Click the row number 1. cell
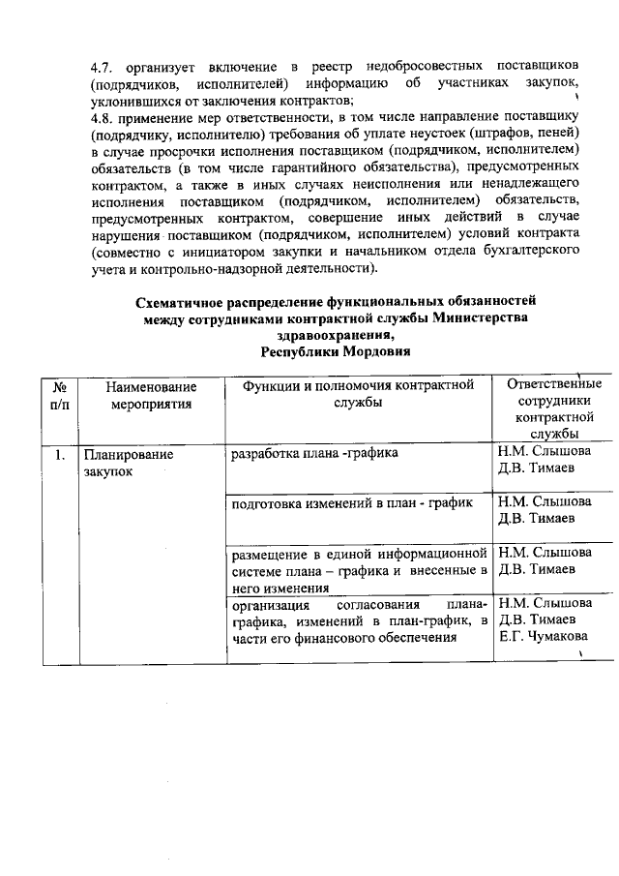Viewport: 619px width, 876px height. tap(60, 453)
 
